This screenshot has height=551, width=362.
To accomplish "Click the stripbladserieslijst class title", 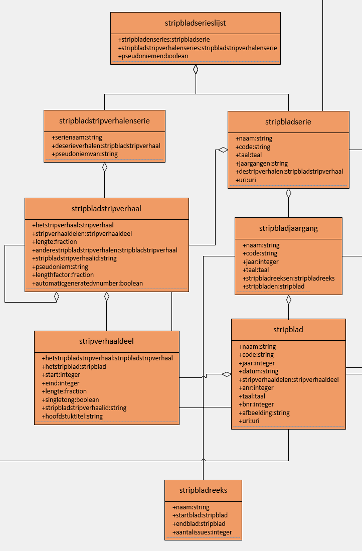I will coord(195,23).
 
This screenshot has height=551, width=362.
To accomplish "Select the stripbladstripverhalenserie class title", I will coord(104,120).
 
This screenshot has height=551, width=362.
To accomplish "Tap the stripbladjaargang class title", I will coord(288,228).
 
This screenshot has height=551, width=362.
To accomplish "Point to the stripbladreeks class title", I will coord(203,490).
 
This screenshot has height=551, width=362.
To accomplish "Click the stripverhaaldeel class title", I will coord(106,341).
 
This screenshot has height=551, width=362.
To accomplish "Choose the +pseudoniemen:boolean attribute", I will coord(153,56).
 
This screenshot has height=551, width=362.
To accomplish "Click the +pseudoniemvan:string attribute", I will coord(84,154).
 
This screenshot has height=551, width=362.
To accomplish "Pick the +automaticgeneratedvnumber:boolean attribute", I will coord(87,283).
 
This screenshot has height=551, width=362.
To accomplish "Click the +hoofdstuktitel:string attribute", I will coord(72,416).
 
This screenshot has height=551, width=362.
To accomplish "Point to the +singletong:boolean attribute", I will coord(70,399).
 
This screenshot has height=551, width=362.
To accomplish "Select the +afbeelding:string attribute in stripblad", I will coord(264,412).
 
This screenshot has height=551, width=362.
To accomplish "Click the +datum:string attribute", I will coord(258,371).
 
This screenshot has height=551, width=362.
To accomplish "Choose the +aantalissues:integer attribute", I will coord(202,532).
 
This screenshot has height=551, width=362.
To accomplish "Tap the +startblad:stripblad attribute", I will coord(200,515).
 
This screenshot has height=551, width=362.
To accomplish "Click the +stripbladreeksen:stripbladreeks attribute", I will coord(288,278).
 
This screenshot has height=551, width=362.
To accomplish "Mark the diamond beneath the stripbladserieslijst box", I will coord(196,70).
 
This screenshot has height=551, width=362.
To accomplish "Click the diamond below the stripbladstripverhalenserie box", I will coord(105,168).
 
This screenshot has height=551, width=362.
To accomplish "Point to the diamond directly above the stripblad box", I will coord(288,300).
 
